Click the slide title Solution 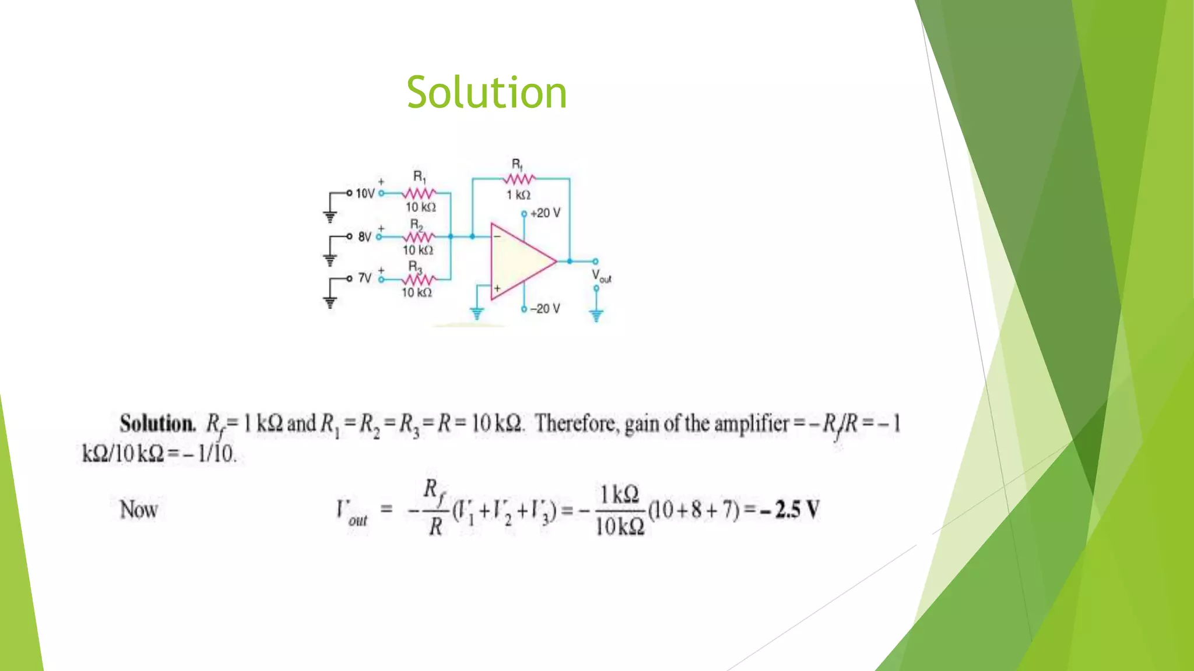point(486,92)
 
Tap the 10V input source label point(365,193)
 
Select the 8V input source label point(364,236)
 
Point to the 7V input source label point(364,278)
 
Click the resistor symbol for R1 point(419,193)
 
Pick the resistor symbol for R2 point(418,236)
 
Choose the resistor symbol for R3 point(417,280)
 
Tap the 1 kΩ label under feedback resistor point(518,195)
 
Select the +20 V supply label point(545,213)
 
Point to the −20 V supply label point(545,309)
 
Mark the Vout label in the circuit point(601,276)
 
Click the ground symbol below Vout point(596,315)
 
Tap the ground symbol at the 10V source point(330,217)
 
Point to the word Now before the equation point(139,510)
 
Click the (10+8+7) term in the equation point(693,510)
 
